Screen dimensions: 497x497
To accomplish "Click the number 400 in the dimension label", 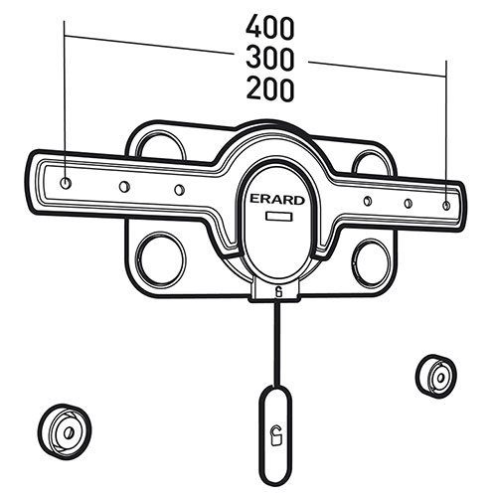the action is (269, 27).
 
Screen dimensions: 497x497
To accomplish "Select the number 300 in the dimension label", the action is (269, 59).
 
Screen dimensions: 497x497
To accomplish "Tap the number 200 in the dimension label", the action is (269, 89).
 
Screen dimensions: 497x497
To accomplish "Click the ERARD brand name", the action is (277, 200).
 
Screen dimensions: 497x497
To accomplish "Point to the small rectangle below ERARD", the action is (279, 217).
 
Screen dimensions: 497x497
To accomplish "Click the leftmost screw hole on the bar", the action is (66, 182).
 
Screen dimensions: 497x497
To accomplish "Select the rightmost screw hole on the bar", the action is (446, 206).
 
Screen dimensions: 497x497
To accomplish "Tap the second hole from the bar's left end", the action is (124, 187).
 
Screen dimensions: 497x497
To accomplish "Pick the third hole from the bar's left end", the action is (179, 190).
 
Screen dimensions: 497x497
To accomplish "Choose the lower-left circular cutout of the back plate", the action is (161, 259).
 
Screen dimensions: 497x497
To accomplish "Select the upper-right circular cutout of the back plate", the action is (371, 162).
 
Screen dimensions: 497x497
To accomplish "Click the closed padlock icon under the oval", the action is (279, 292).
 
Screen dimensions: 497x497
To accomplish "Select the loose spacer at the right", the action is (436, 377).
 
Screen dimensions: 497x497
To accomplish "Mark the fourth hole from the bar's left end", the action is (368, 201).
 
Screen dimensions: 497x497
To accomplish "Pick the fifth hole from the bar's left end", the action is (409, 203).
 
